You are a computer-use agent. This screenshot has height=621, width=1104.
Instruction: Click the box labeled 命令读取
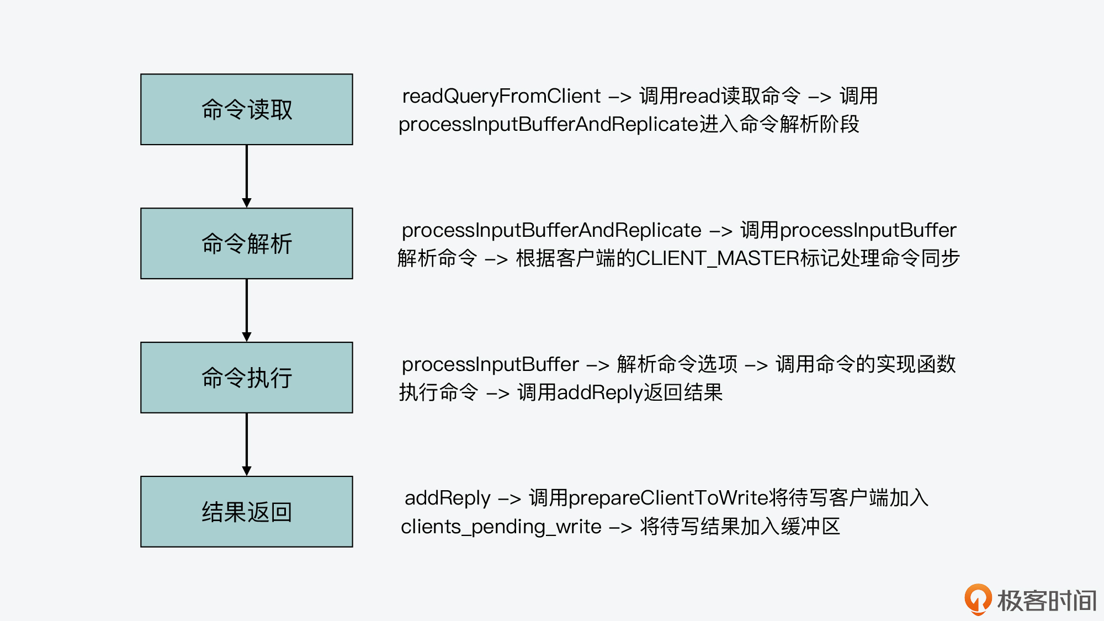247,109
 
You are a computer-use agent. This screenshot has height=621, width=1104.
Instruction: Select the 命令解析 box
247,243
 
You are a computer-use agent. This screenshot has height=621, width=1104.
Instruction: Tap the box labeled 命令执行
247,378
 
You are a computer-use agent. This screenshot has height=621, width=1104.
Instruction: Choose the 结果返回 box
247,512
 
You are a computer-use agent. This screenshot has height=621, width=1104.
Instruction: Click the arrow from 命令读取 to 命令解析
247,176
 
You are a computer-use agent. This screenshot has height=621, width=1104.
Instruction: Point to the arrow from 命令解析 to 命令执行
247,310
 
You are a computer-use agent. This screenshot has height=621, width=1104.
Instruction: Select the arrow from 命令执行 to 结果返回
247,444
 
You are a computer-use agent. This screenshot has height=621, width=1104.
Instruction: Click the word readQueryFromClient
501,96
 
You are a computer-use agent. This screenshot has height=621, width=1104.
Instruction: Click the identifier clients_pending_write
501,527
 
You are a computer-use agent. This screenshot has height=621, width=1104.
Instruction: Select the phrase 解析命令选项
677,364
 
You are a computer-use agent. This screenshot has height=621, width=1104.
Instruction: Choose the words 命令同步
920,258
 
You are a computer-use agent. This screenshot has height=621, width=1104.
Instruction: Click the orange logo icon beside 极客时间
978,599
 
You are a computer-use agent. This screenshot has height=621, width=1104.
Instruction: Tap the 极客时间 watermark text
1047,601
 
